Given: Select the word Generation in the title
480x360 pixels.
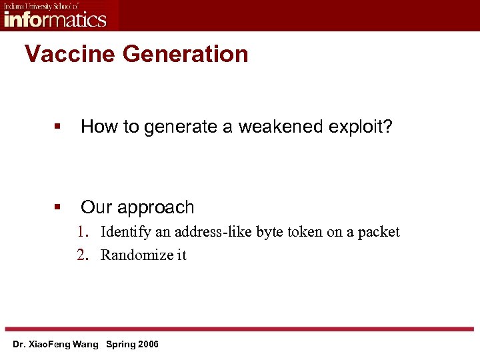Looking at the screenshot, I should [x=185, y=54].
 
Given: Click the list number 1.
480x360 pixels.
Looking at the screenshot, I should [x=82, y=232].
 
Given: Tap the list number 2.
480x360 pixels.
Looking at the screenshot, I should [x=82, y=255].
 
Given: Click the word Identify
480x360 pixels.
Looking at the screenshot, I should [x=125, y=232].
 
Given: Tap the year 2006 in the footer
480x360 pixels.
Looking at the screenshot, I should [x=147, y=345].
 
